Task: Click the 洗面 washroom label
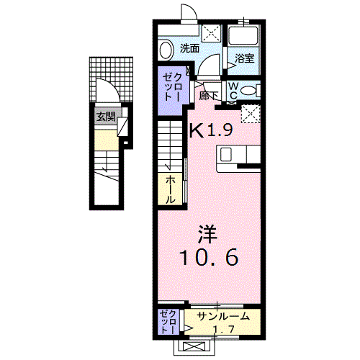(189, 49)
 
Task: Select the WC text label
(234, 89)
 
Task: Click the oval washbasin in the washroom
(165, 50)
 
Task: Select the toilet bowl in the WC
(249, 90)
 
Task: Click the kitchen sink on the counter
(226, 154)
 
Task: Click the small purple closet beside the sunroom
(167, 321)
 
